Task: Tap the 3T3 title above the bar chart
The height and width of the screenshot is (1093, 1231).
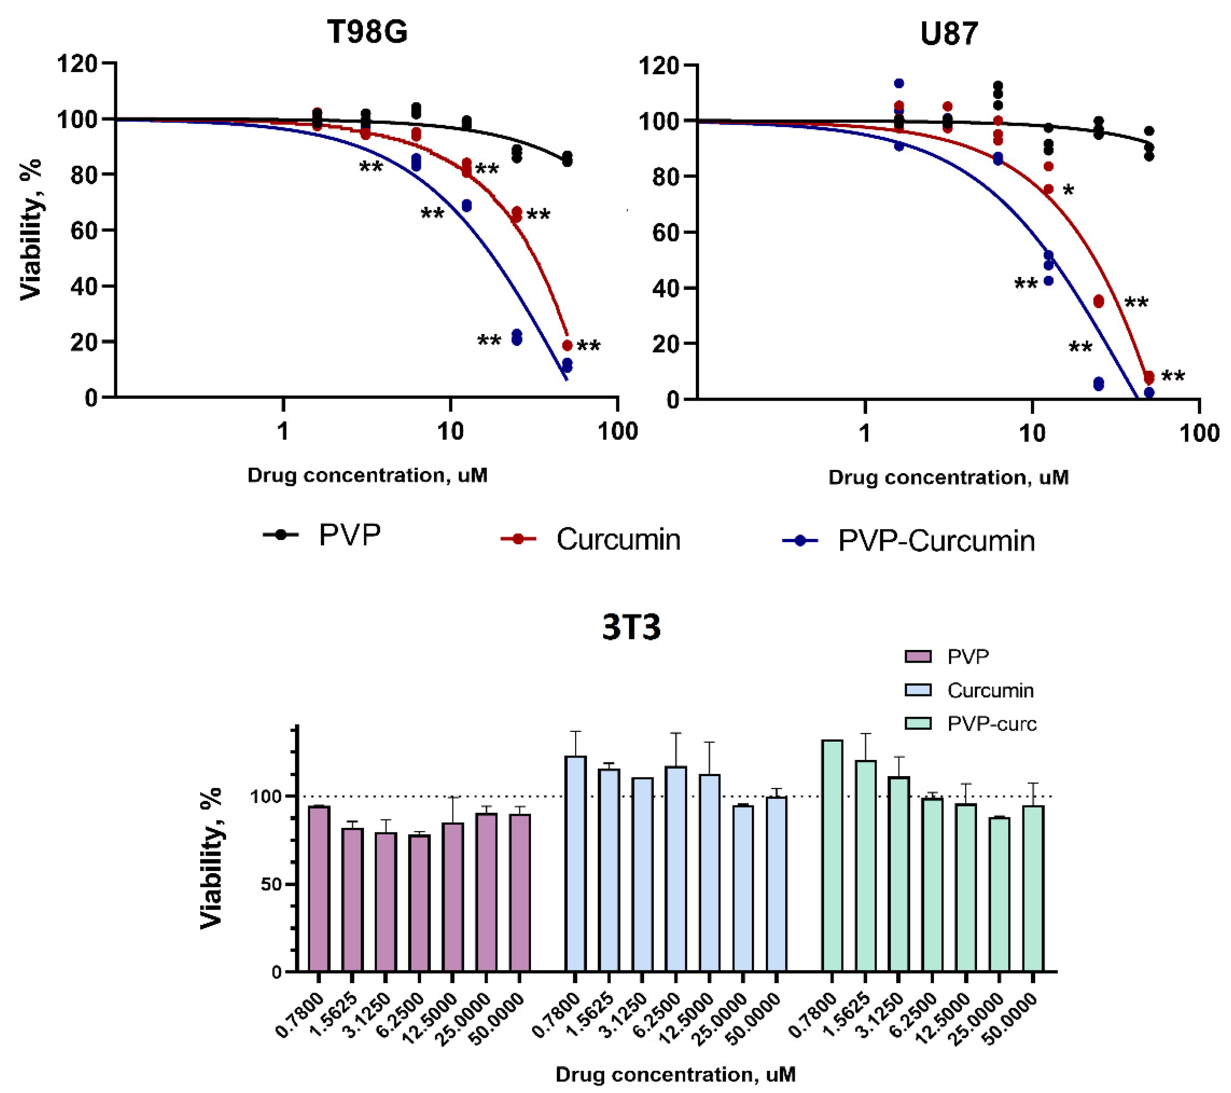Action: [x=631, y=627]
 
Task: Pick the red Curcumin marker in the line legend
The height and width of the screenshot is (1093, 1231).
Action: [x=518, y=539]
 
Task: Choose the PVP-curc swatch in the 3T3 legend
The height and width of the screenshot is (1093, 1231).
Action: [x=918, y=723]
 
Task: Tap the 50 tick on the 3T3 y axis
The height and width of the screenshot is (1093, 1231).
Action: [x=269, y=885]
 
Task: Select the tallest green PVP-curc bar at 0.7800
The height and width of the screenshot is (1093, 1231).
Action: [x=832, y=855]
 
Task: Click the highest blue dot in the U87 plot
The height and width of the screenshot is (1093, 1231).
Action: [x=899, y=83]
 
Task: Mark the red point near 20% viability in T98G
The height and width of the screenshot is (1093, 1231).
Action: [x=567, y=345]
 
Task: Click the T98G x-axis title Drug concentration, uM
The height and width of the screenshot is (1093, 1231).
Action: [x=367, y=475]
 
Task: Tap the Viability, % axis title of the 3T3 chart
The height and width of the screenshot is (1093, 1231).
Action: [x=212, y=858]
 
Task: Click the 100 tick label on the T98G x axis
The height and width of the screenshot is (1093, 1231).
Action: [x=617, y=431]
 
